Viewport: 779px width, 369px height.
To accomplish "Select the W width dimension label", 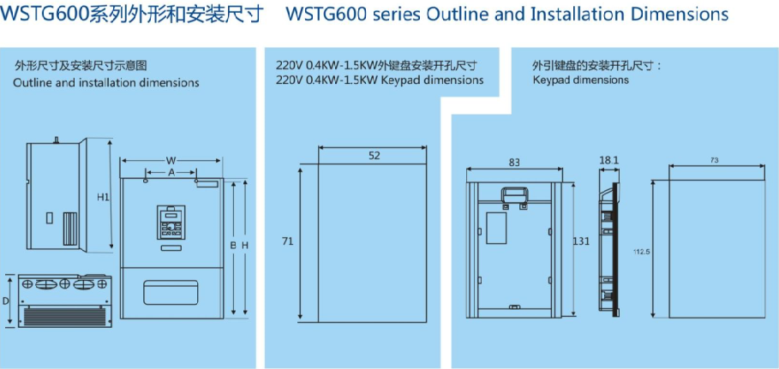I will tap(171, 160).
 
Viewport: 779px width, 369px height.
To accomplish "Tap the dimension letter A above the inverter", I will tap(171, 172).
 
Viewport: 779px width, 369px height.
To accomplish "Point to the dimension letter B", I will tap(232, 245).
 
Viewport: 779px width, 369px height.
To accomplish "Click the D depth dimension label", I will tap(6, 301).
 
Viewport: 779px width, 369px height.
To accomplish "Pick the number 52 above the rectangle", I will tap(375, 155).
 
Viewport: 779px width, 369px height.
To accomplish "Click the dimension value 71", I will tap(288, 241).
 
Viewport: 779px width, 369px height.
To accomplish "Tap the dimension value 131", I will tap(581, 241).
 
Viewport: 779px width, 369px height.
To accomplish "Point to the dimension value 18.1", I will tap(608, 160).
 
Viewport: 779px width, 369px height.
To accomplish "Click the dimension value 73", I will tap(715, 160).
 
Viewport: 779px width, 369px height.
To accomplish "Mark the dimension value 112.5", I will tap(642, 252).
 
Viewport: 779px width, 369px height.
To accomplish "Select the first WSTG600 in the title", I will tap(41, 14).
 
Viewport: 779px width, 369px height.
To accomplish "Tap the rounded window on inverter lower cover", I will tap(172, 292).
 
